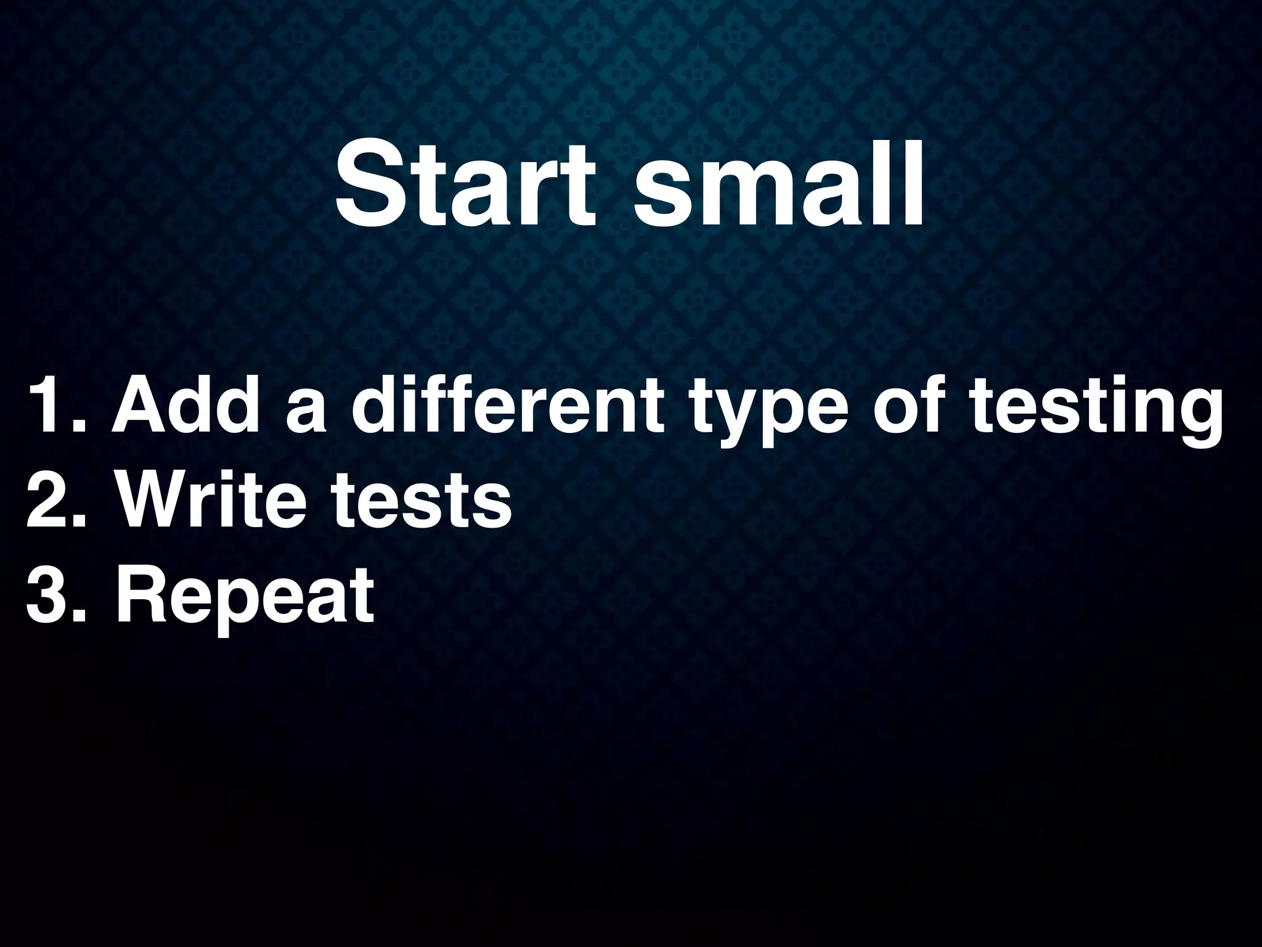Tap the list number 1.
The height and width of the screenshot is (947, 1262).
point(52,408)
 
